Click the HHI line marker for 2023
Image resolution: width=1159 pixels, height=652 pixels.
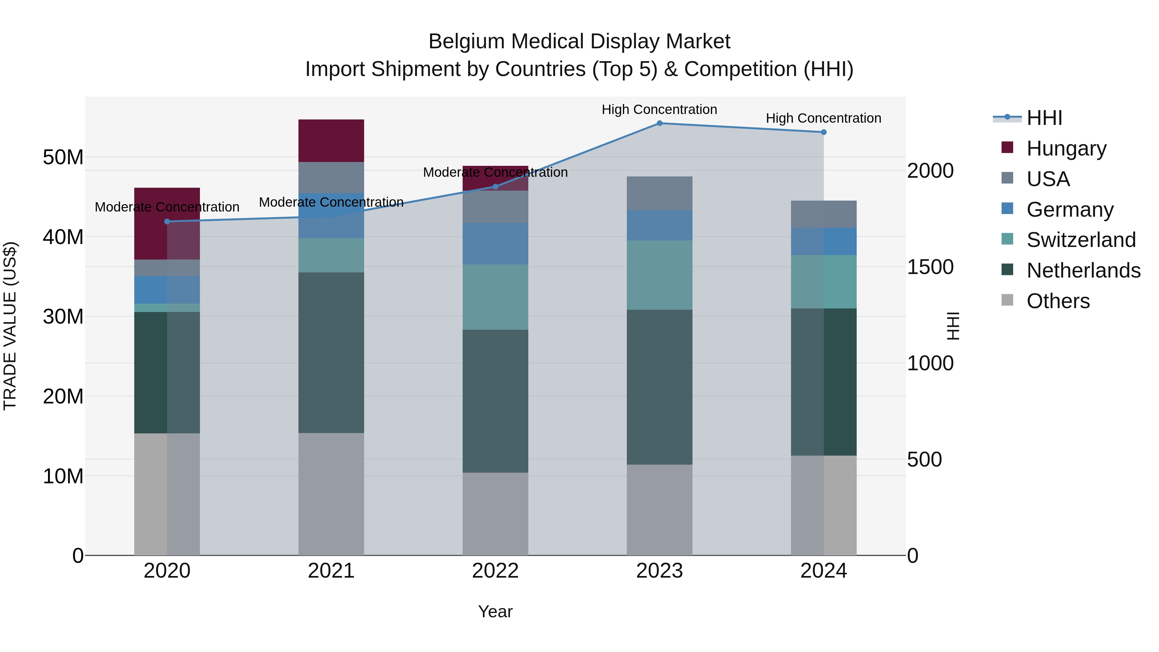[659, 123]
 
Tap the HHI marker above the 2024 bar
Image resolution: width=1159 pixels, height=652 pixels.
[823, 132]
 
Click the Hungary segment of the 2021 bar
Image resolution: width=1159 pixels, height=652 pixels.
[331, 140]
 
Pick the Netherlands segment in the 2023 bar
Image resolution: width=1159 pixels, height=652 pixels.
[659, 387]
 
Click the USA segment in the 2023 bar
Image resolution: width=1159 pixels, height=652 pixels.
[659, 193]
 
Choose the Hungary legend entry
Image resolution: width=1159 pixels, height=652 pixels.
[1066, 148]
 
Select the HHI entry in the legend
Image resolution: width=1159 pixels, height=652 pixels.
[1044, 118]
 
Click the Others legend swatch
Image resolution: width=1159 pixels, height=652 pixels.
[1007, 300]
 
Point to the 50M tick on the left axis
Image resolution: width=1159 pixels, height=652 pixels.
[63, 157]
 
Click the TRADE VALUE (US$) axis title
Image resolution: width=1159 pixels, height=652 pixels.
[10, 326]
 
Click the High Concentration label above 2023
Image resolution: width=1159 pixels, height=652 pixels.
[659, 109]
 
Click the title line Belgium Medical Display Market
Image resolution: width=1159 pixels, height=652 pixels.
[579, 42]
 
